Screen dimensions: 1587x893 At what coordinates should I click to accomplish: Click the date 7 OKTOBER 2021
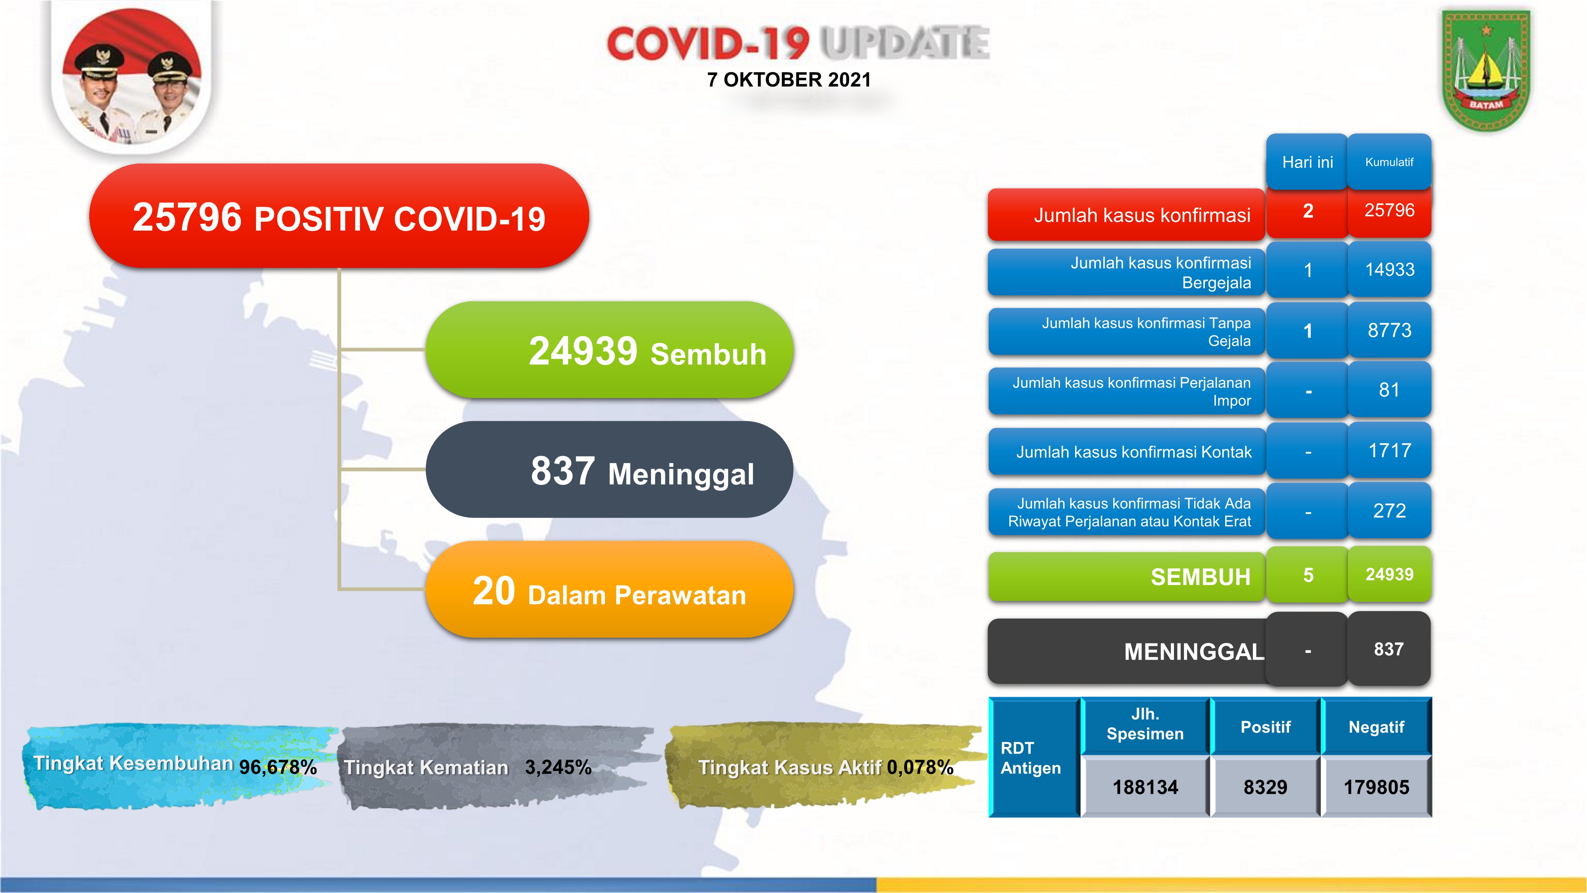(789, 79)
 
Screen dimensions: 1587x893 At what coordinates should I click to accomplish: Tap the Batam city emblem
(1486, 69)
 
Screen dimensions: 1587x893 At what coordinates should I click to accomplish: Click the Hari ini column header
(1307, 162)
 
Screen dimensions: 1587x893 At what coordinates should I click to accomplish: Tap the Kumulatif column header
(1389, 162)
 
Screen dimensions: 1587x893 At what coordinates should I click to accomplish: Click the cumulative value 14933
(1390, 269)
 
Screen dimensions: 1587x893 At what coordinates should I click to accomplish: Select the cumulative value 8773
(1390, 330)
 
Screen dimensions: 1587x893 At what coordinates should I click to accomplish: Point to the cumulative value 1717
(1390, 450)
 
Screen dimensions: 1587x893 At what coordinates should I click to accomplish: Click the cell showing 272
(1390, 510)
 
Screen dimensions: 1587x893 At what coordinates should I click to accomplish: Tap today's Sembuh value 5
(1308, 575)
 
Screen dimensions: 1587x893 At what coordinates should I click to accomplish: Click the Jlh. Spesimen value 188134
(1145, 787)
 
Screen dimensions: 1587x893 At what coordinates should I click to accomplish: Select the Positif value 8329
(1265, 787)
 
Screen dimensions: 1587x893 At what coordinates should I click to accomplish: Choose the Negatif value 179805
(1376, 787)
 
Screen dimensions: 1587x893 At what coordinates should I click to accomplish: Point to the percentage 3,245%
(558, 767)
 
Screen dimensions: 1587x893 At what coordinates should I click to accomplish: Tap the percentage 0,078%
(920, 767)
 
